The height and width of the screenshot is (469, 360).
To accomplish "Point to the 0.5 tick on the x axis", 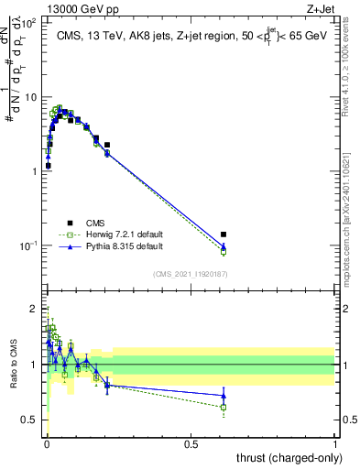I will tap(191, 444).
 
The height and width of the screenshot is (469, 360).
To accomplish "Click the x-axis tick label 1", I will tap(335, 444).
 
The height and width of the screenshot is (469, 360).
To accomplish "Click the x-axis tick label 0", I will tap(46, 444).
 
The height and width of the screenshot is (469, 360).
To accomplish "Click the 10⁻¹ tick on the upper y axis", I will tap(29, 245).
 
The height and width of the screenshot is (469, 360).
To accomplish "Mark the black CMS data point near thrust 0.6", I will tap(224, 234).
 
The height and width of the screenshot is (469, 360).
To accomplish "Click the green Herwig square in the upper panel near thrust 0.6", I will tap(224, 251).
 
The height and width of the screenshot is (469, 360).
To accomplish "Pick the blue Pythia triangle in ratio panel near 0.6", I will tap(224, 396).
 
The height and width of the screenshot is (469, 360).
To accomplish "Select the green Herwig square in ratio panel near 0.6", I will tap(224, 407).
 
